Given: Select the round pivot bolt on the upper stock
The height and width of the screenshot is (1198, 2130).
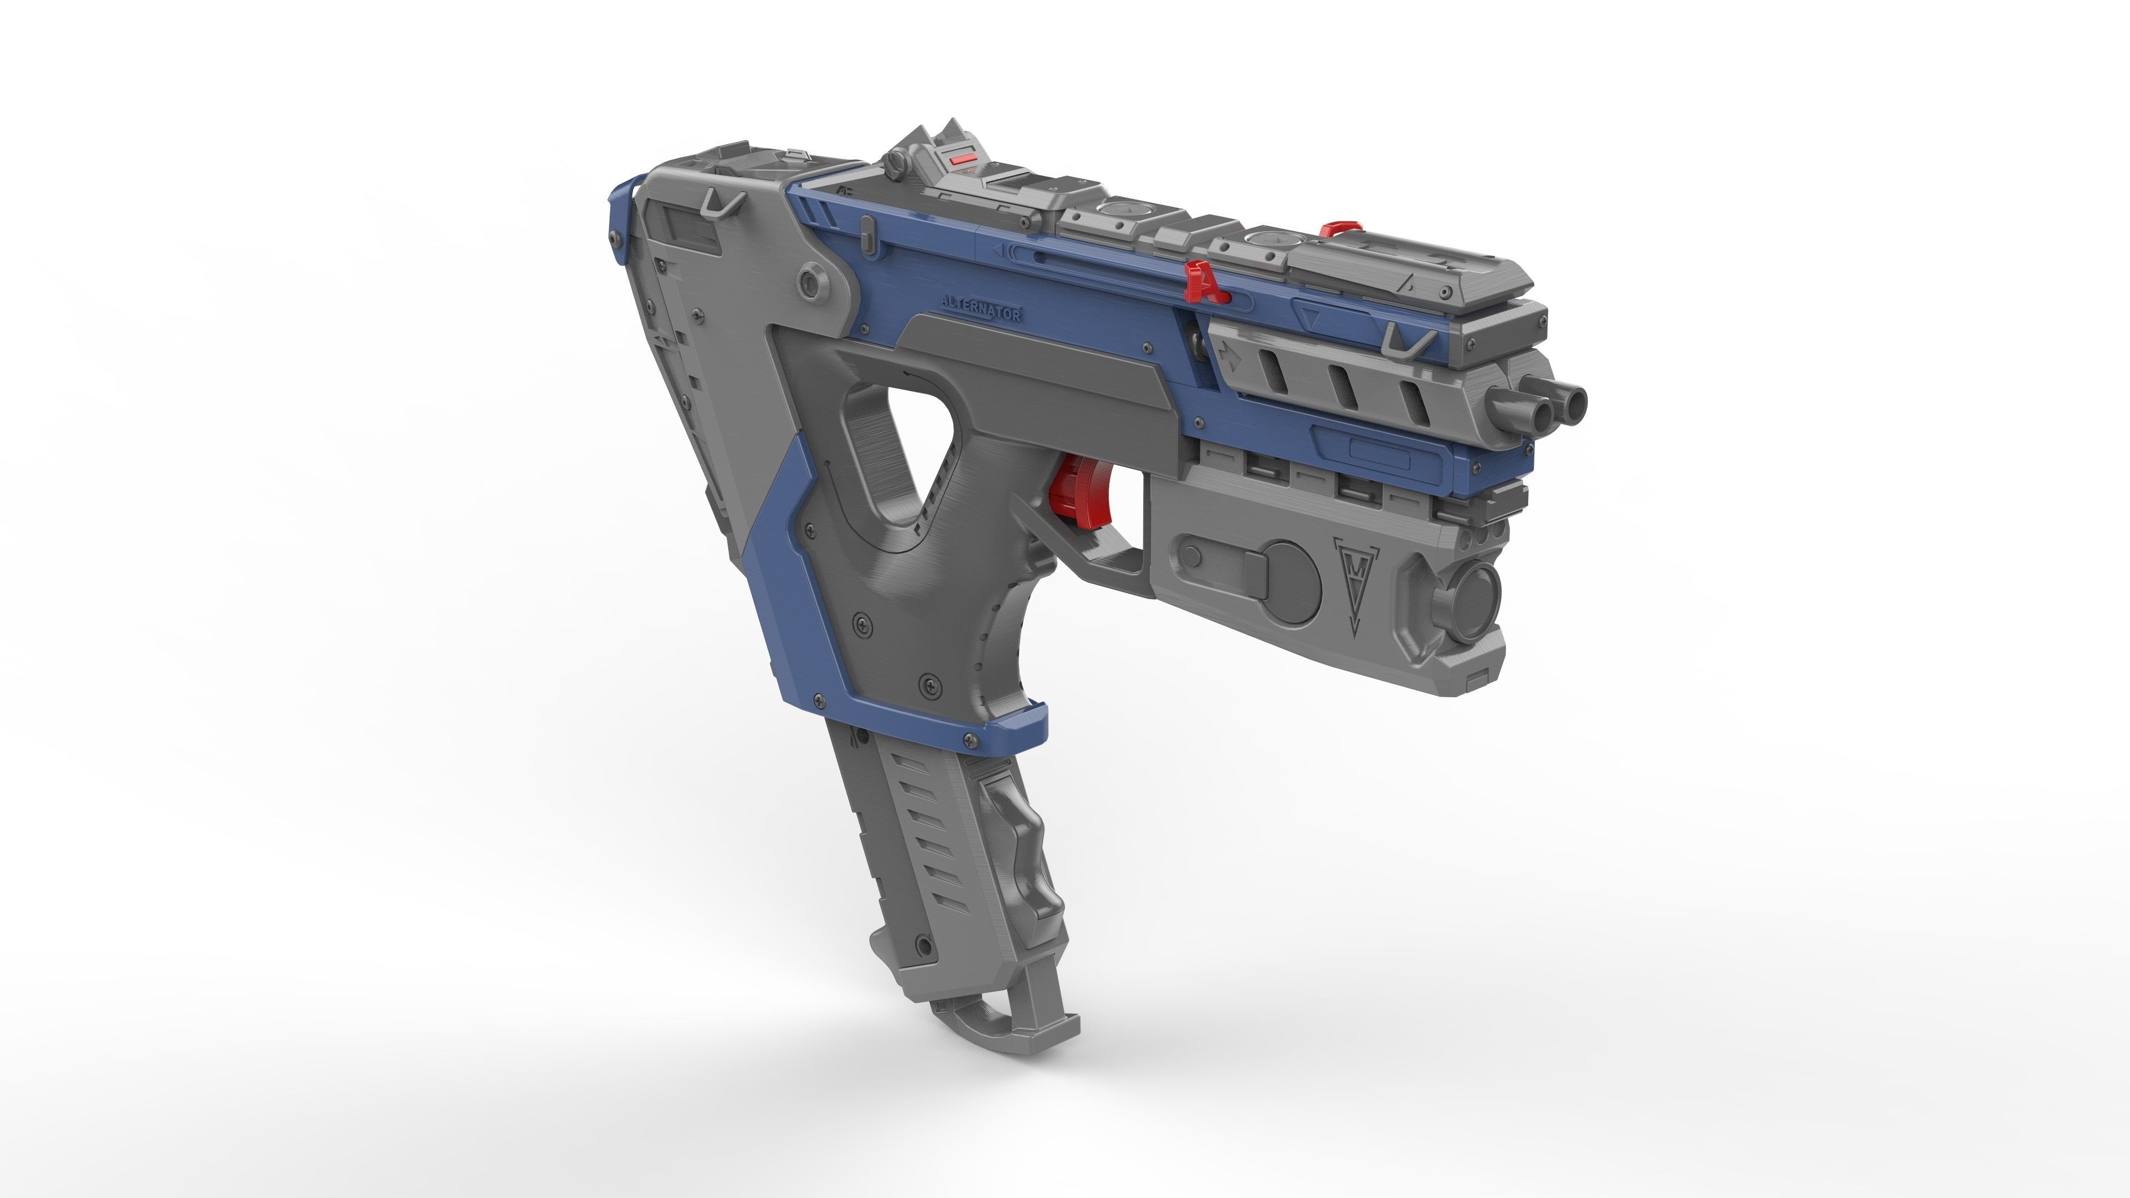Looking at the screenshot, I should point(810,282).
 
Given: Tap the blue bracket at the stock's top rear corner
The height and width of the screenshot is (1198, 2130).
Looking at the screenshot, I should point(618,219).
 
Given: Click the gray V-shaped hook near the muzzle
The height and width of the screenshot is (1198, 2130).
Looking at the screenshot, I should point(1406,339).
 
